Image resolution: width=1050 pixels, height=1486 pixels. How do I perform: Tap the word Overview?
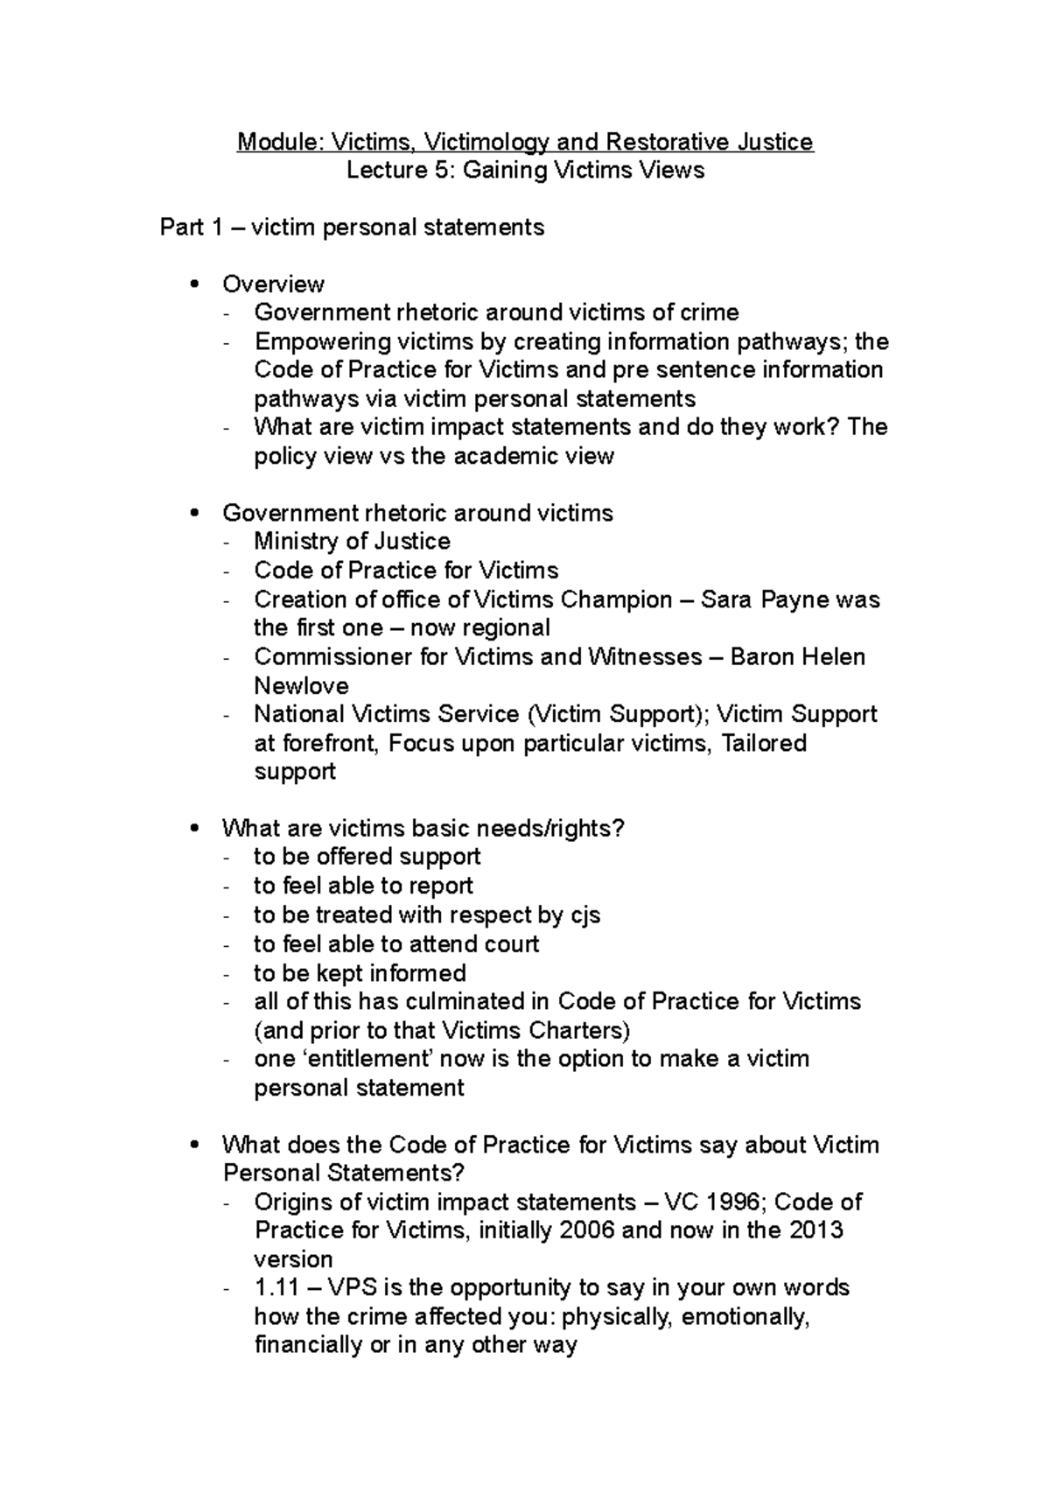tap(273, 284)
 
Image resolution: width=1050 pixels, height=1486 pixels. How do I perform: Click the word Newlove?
tap(301, 686)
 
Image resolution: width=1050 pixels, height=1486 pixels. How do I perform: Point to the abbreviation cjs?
tap(585, 915)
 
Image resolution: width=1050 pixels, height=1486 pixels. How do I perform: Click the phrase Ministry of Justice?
tap(352, 542)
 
